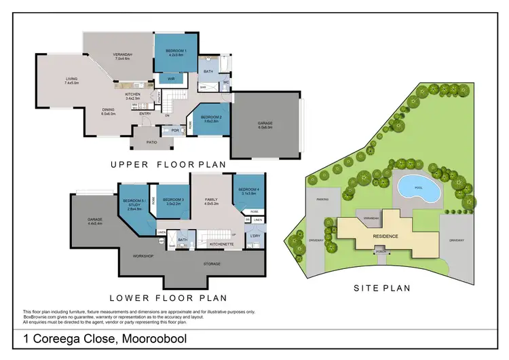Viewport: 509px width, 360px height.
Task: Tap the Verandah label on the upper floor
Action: pyautogui.click(x=121, y=56)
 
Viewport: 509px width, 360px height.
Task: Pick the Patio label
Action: pyautogui.click(x=151, y=143)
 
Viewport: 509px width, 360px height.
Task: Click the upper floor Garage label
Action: pyautogui.click(x=265, y=124)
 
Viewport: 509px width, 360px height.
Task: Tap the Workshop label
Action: pyautogui.click(x=143, y=255)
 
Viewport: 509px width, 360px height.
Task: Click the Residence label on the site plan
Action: pyautogui.click(x=384, y=236)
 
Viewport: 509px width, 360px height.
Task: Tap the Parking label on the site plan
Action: pyautogui.click(x=322, y=200)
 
